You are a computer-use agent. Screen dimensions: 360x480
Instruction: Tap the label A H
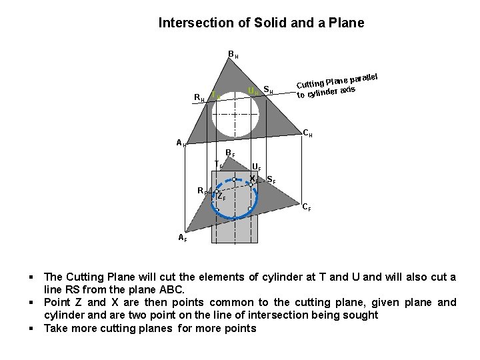tap(181, 142)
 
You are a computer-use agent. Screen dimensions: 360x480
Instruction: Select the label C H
tap(308, 133)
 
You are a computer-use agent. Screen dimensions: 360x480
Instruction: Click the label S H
tap(269, 89)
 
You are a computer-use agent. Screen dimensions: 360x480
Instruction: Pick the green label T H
tap(215, 96)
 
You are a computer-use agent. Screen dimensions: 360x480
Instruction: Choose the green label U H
tap(252, 91)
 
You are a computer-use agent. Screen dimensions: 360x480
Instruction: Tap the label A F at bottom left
tap(182, 237)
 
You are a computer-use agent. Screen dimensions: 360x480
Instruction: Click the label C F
tap(306, 207)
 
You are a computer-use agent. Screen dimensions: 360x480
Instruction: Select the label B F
tap(229, 154)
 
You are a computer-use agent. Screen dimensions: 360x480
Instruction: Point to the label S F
tap(271, 179)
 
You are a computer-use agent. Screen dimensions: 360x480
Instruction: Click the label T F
tap(218, 164)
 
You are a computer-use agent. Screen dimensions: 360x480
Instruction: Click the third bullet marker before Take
tap(32, 329)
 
